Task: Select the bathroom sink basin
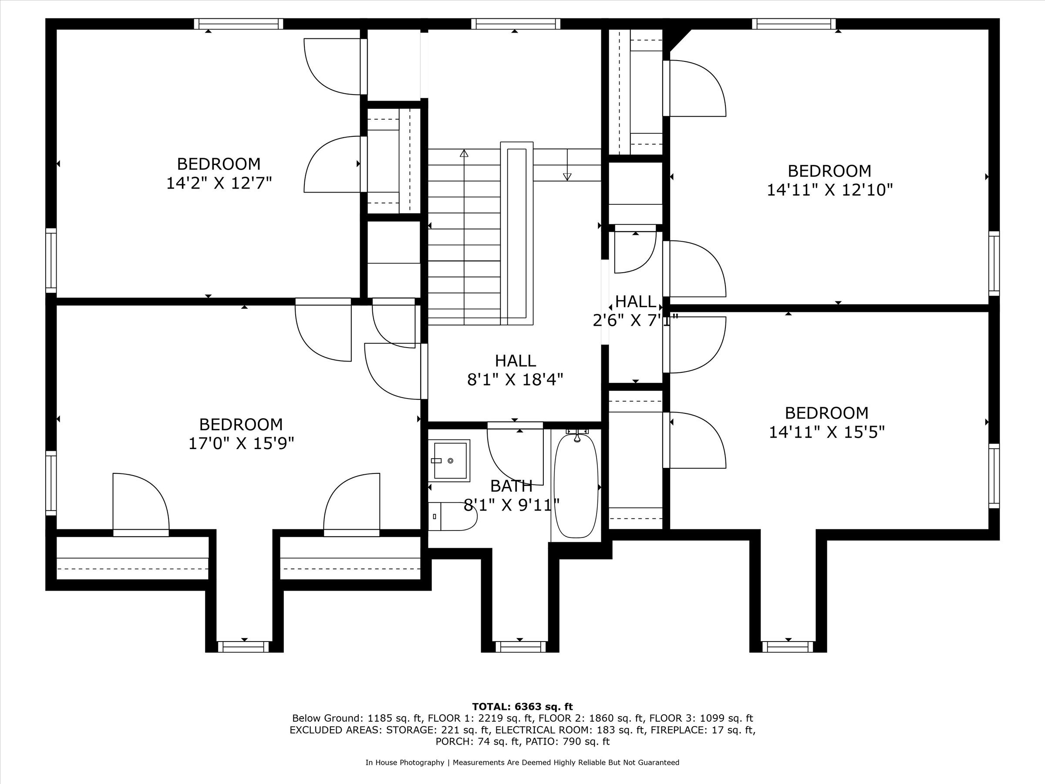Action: point(450,460)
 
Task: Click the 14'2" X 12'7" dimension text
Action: point(219,183)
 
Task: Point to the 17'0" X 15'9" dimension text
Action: point(241,443)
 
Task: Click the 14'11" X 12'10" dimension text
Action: point(829,190)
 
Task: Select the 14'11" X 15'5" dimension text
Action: point(826,432)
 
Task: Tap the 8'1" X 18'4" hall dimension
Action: point(515,379)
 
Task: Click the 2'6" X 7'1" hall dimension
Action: point(635,321)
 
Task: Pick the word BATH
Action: point(511,486)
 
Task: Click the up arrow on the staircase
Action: point(464,154)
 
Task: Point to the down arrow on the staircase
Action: point(567,176)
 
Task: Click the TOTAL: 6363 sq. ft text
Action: point(522,706)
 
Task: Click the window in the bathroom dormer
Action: point(519,646)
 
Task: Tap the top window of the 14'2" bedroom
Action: point(239,24)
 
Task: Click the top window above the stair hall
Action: point(516,24)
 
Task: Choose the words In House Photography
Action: point(405,762)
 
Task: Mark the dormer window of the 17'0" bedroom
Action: point(244,646)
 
